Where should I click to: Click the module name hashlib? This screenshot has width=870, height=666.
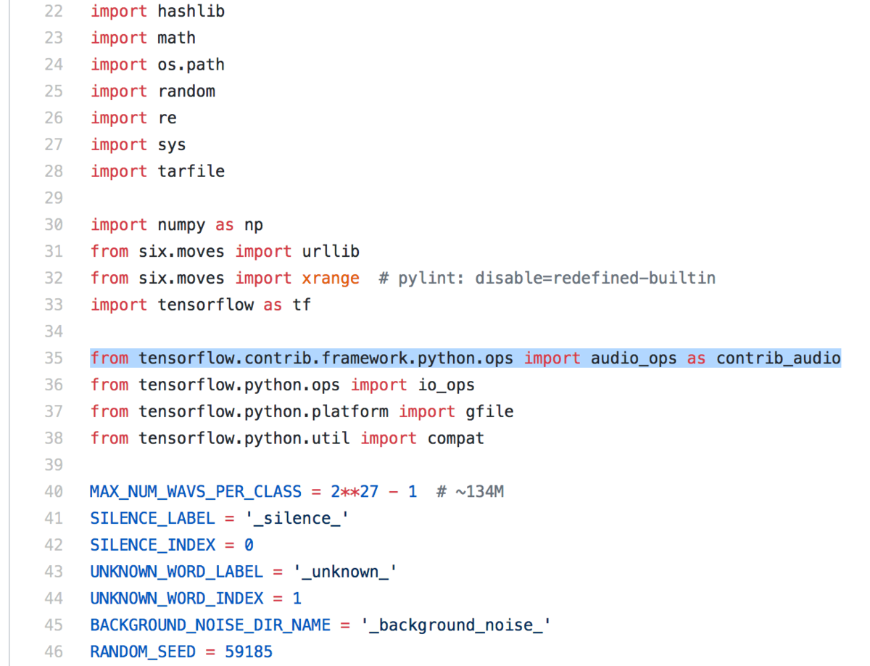(x=191, y=11)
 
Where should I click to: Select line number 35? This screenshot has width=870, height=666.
(x=54, y=358)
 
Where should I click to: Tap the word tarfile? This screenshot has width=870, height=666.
(x=191, y=171)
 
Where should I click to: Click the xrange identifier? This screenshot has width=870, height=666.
(x=330, y=278)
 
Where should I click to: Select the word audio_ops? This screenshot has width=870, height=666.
(x=634, y=358)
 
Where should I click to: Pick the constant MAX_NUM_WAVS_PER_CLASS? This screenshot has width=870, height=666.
(x=196, y=492)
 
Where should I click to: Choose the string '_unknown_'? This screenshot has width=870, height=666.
(x=344, y=572)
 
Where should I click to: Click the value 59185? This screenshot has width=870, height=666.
(x=248, y=651)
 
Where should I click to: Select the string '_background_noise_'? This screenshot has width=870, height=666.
(x=455, y=625)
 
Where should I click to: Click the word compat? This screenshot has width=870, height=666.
(x=455, y=438)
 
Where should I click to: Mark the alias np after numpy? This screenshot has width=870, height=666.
(x=253, y=225)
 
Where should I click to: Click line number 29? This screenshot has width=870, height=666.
(x=54, y=198)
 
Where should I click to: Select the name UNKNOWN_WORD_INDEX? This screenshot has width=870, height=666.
(x=176, y=599)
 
